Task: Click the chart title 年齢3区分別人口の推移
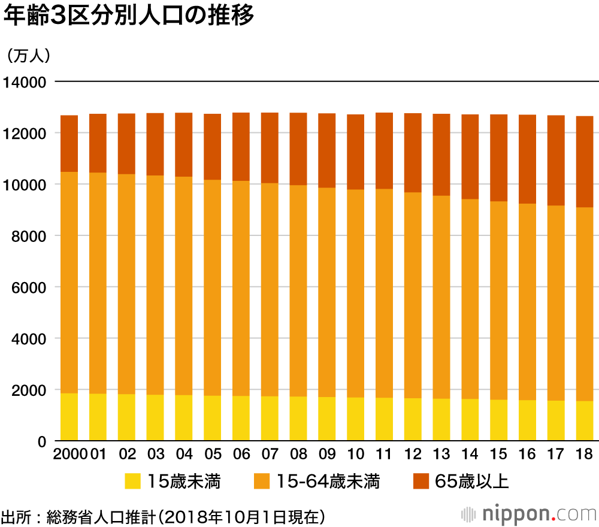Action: (x=129, y=16)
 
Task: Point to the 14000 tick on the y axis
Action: (x=25, y=82)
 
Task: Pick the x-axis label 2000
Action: (x=69, y=453)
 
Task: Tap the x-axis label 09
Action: (x=327, y=453)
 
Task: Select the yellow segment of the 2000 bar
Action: (x=69, y=417)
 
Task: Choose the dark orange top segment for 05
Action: (x=213, y=147)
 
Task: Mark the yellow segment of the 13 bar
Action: (x=441, y=420)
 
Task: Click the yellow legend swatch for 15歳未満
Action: (x=132, y=481)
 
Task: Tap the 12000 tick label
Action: (x=25, y=134)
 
